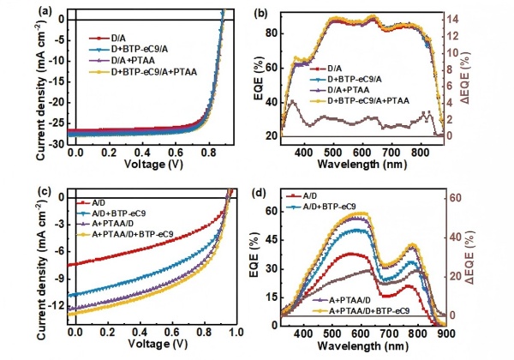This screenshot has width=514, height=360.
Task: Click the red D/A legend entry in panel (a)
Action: (110, 39)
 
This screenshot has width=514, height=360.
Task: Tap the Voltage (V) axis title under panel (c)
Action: (152, 347)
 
